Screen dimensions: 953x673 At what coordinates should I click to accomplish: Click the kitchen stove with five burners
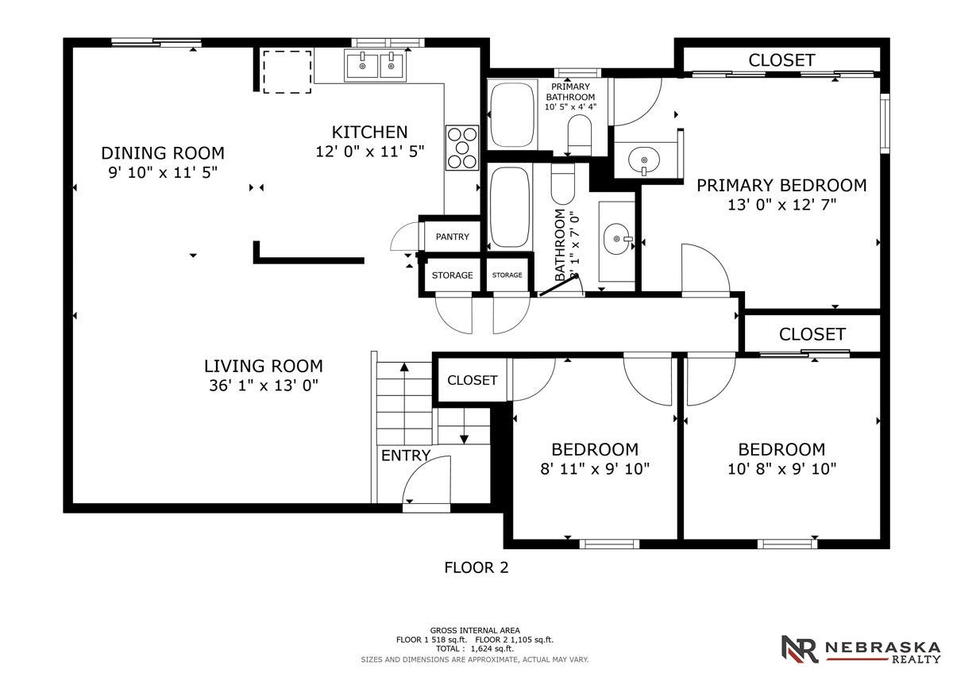pos(462,148)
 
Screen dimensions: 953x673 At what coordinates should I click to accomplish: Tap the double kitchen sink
pos(376,66)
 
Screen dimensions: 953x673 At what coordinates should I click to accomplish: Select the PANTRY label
pos(452,237)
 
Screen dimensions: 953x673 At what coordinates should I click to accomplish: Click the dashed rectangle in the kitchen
pos(287,71)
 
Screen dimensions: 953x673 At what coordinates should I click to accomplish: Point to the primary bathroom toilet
pos(580,135)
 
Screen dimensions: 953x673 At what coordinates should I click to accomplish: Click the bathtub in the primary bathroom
pos(511,114)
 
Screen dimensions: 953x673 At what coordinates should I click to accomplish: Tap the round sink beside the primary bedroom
pos(644,160)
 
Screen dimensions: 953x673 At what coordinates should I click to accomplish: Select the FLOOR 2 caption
pos(476,568)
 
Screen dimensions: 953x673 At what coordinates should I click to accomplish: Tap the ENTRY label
pos(406,456)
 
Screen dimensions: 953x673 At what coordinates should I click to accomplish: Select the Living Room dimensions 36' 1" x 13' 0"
pos(264,386)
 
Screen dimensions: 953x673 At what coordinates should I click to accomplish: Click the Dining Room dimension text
pos(163,172)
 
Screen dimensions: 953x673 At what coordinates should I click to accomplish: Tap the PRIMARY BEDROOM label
pos(781,186)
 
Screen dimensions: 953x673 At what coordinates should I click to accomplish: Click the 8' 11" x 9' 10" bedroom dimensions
pos(595,469)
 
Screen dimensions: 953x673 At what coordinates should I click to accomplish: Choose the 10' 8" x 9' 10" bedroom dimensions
pos(782,469)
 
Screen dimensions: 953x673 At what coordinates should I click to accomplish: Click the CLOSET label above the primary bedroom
pos(781,60)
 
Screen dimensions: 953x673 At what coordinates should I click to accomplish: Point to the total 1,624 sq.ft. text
pos(475,648)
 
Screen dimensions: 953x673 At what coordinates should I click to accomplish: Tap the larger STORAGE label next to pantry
pos(452,275)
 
